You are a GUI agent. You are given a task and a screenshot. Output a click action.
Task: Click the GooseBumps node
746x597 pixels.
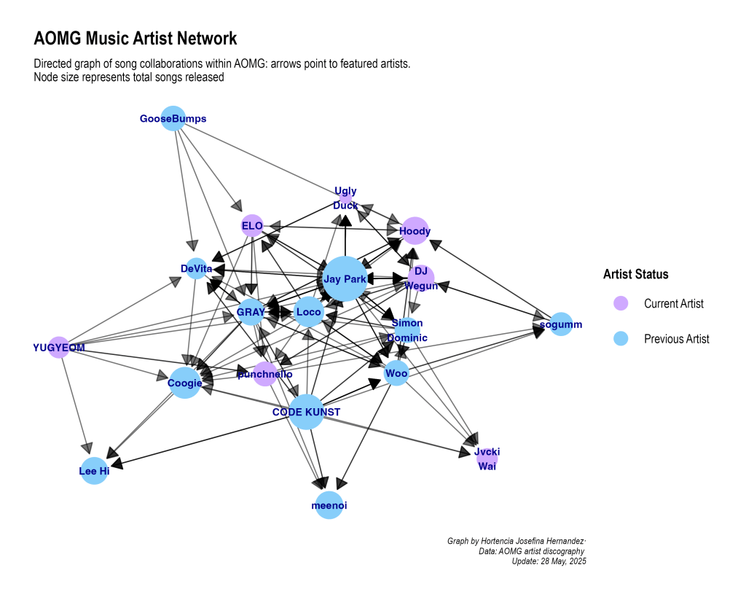point(173,118)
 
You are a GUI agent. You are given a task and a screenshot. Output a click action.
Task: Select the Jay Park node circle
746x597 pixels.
point(343,278)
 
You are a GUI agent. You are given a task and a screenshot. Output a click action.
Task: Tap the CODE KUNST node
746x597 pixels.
point(307,412)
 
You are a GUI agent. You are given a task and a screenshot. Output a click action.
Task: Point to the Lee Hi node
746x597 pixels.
point(94,471)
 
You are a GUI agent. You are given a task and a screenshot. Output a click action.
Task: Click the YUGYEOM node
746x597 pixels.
point(58,348)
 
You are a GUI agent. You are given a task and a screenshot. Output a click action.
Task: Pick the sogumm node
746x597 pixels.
point(560,324)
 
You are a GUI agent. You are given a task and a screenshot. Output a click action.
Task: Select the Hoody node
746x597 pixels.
point(415,231)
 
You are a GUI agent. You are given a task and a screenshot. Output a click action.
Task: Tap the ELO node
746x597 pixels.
point(252,226)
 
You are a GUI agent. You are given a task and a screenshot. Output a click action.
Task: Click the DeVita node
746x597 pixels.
point(196,269)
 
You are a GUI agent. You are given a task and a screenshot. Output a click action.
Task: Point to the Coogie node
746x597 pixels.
point(185,383)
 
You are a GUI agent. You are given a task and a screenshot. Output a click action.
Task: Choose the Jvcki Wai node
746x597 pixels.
point(487,459)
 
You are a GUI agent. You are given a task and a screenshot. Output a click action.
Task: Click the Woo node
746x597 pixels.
point(396,374)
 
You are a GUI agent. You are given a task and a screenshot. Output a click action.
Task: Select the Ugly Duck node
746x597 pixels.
point(345,197)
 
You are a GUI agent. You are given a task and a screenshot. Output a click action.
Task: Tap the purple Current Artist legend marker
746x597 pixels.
point(621,303)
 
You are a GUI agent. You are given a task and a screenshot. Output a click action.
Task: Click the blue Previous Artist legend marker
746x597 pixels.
point(621,338)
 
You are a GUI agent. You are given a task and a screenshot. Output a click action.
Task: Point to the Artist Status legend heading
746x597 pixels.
point(635,274)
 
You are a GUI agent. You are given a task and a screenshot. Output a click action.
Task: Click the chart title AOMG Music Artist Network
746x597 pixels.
point(136,38)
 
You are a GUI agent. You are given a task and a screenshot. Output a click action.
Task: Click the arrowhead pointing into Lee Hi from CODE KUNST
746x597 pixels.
point(117,462)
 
